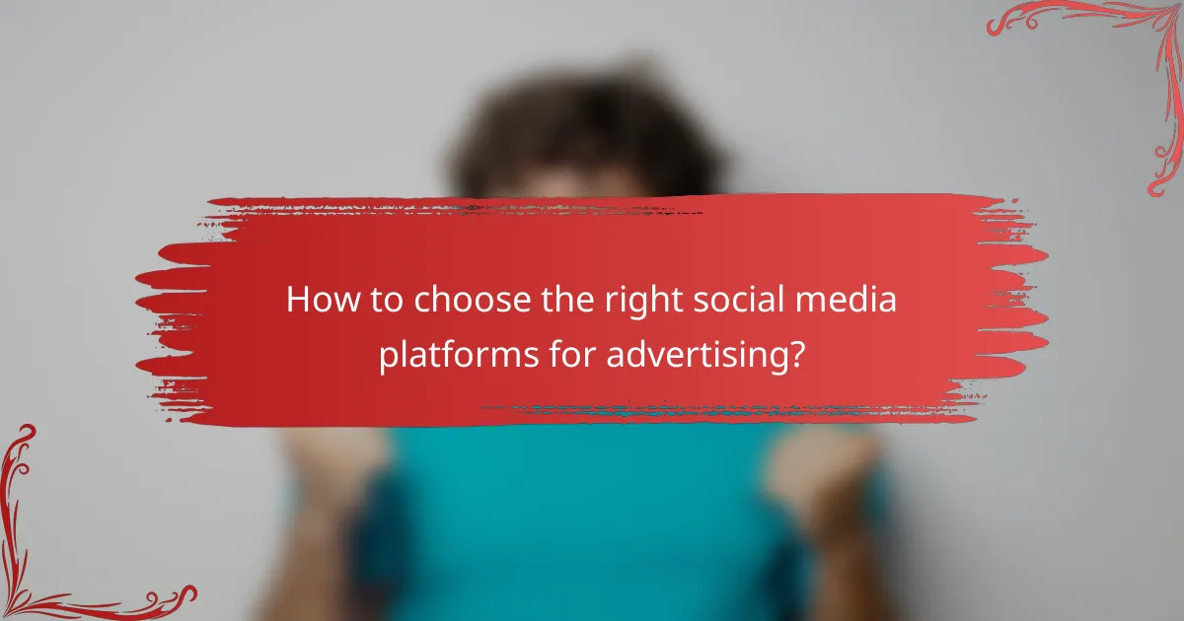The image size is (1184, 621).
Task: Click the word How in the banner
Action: (x=318, y=301)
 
